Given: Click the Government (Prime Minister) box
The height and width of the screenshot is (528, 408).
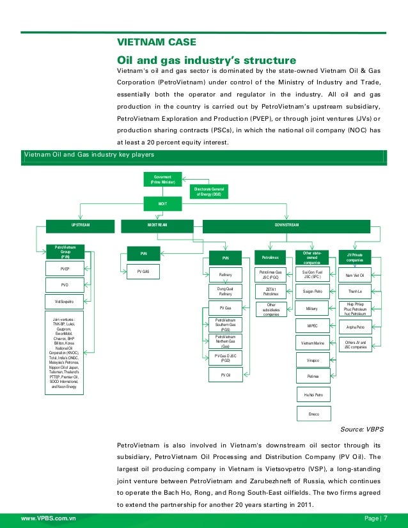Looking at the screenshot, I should [162, 179].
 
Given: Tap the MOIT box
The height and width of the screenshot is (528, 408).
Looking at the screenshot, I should [162, 203].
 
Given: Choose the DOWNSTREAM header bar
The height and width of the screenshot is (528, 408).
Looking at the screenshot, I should [286, 225].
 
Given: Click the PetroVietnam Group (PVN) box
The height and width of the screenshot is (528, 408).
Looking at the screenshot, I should [65, 251].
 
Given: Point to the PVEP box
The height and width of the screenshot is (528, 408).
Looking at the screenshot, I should [65, 269].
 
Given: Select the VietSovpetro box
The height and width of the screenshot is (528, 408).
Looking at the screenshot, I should [65, 300].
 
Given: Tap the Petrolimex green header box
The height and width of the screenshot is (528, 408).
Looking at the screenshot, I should [270, 258].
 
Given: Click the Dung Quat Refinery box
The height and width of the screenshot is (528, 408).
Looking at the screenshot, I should [225, 291].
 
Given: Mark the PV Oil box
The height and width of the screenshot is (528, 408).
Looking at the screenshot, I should [225, 375].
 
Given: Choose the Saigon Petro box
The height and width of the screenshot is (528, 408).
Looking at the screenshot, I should [312, 291].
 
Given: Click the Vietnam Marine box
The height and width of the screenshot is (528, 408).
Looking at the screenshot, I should [312, 343].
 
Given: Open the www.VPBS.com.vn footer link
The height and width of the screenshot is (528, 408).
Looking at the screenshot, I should [49, 516].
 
